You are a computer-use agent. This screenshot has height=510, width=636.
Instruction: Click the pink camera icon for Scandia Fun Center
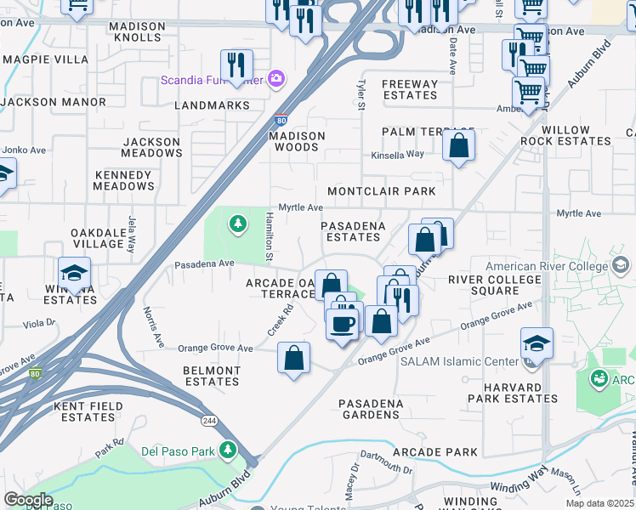[275, 79]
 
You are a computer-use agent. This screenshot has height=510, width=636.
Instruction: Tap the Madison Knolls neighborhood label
[137, 32]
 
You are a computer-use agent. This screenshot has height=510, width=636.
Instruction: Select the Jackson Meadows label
[151, 147]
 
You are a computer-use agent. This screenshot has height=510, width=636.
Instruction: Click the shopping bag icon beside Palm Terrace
[458, 145]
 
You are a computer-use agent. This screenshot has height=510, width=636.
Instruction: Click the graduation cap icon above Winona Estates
[75, 274]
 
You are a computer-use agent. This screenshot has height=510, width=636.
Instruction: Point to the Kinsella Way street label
[397, 154]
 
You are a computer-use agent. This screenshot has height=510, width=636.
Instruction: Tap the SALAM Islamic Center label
[459, 362]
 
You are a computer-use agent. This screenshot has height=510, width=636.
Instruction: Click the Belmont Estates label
[212, 376]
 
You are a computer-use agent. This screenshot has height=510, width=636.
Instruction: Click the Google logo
[28, 500]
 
